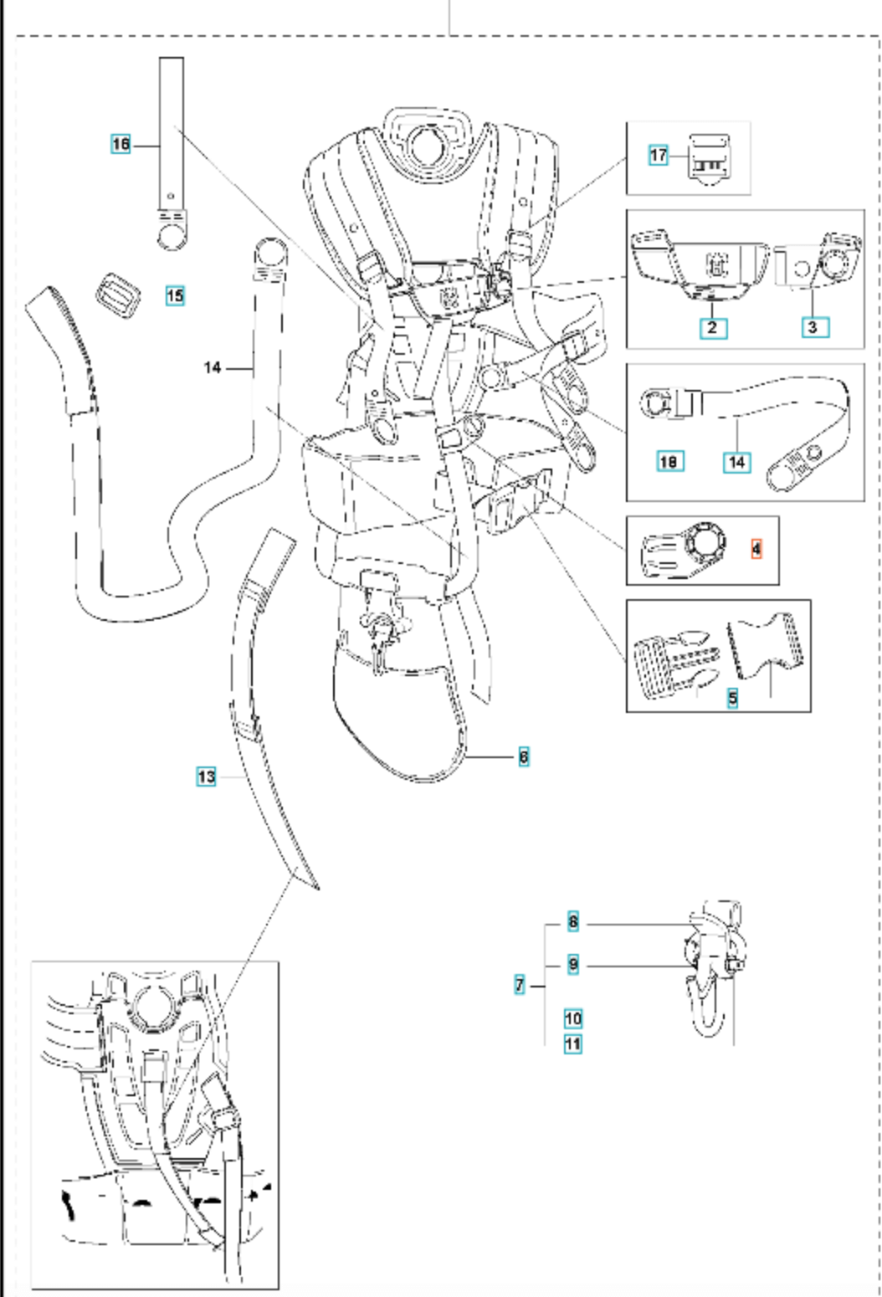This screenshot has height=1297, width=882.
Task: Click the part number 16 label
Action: (x=121, y=145)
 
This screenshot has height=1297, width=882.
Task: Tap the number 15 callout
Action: (x=174, y=295)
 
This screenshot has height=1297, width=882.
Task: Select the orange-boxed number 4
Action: (x=756, y=550)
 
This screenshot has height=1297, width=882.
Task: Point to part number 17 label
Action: (x=659, y=155)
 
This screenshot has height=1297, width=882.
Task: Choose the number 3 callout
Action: (x=812, y=327)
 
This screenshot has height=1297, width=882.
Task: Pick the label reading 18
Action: (x=669, y=460)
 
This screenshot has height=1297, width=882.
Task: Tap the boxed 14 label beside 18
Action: (x=736, y=461)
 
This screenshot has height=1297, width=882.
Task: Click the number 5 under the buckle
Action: (x=733, y=697)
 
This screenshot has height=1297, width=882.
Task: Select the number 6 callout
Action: (x=524, y=757)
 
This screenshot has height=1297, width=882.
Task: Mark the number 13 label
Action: (x=207, y=777)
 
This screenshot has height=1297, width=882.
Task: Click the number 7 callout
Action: (x=520, y=985)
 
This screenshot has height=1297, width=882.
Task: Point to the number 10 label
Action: (x=573, y=1018)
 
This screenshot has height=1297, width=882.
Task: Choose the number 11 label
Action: (x=573, y=1044)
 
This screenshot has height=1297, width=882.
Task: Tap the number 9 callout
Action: (x=573, y=965)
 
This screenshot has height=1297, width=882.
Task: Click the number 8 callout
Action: (x=573, y=923)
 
